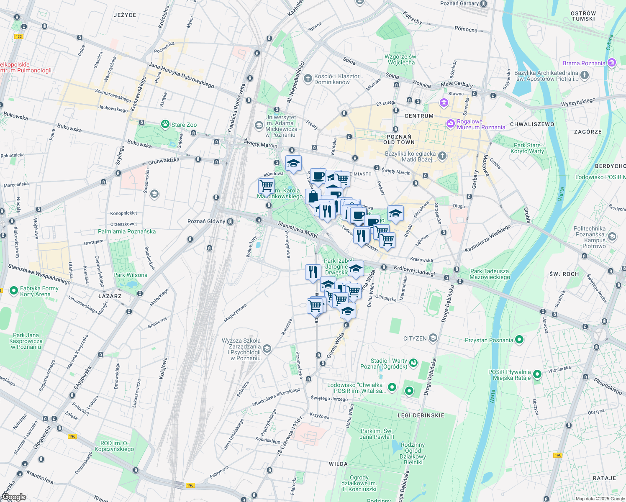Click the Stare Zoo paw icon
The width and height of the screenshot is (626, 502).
tap(165, 124)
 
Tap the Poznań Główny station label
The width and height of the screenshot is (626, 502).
tap(206, 221)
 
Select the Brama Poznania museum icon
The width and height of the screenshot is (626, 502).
tap(612, 63)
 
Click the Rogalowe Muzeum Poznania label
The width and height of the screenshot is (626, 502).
tap(481, 124)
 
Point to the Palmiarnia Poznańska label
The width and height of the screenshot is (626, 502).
tap(127, 231)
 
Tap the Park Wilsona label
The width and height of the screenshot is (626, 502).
tap(130, 275)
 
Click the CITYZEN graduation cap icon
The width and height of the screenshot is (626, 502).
tap(433, 338)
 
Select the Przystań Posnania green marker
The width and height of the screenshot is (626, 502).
tap(519, 340)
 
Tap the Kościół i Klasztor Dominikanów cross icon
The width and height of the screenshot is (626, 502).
tap(308, 78)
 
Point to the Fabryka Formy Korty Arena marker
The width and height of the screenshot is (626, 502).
tap(14, 290)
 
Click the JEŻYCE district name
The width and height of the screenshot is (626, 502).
tap(125, 15)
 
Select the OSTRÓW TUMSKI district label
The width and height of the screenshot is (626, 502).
tap(583, 16)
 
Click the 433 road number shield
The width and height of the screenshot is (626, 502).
tap(18, 36)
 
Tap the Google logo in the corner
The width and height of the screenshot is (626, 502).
tap(13, 497)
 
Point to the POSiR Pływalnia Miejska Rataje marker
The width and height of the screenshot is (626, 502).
tap(537, 374)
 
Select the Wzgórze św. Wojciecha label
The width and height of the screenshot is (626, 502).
tap(401, 59)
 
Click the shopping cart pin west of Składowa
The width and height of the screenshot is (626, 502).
tap(266, 186)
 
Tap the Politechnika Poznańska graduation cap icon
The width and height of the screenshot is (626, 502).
tap(612, 237)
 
